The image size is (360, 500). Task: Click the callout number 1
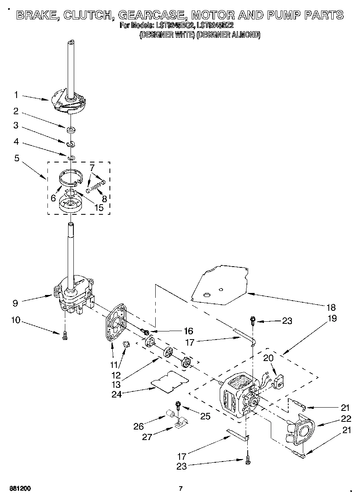(16, 95)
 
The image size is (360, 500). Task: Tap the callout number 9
(16, 302)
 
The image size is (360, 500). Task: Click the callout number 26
(139, 426)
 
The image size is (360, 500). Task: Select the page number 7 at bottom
(181, 488)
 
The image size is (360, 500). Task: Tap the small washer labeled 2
(71, 130)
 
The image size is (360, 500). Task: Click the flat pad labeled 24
(169, 381)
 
